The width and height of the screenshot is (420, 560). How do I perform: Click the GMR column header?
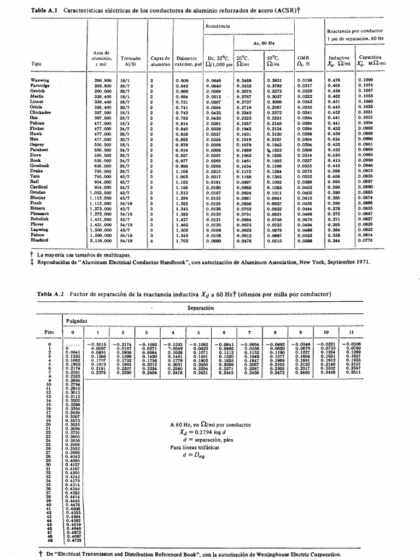click(303, 60)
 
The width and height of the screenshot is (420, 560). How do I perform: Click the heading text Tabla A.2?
click(50, 294)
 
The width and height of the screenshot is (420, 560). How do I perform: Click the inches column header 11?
click(351, 332)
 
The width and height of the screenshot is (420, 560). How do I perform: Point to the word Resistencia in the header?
click(218, 25)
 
